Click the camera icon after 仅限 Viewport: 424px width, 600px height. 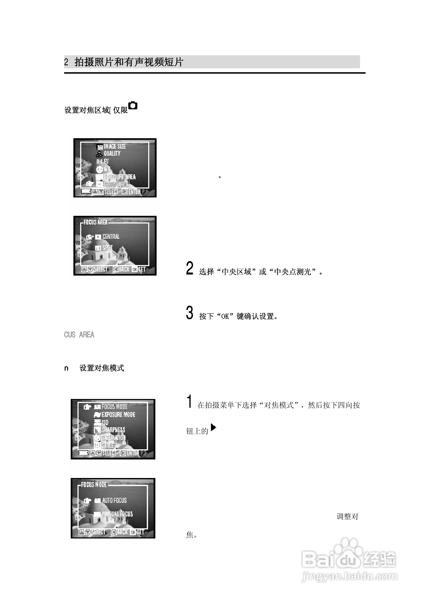click(133, 106)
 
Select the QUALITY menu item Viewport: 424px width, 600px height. click(112, 154)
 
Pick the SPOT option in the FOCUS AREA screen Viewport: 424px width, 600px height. click(107, 248)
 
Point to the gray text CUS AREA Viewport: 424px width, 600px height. click(79, 335)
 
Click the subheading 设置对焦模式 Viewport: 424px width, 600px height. click(102, 368)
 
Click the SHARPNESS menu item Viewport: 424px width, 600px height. click(113, 430)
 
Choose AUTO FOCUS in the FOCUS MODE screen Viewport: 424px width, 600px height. click(114, 500)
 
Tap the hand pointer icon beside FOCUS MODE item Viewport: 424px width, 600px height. click(87, 407)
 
